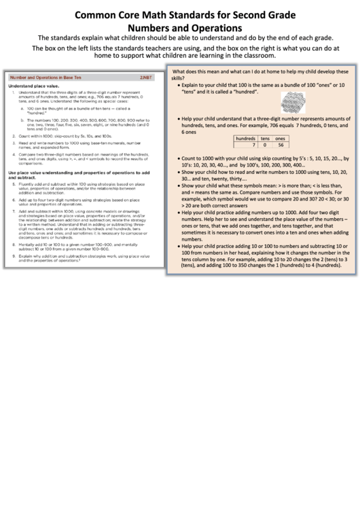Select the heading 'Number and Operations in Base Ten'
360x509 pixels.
[45, 78]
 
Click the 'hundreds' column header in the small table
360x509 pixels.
[246, 138]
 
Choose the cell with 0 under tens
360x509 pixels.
[266, 145]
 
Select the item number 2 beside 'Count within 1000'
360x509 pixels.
[14, 136]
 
